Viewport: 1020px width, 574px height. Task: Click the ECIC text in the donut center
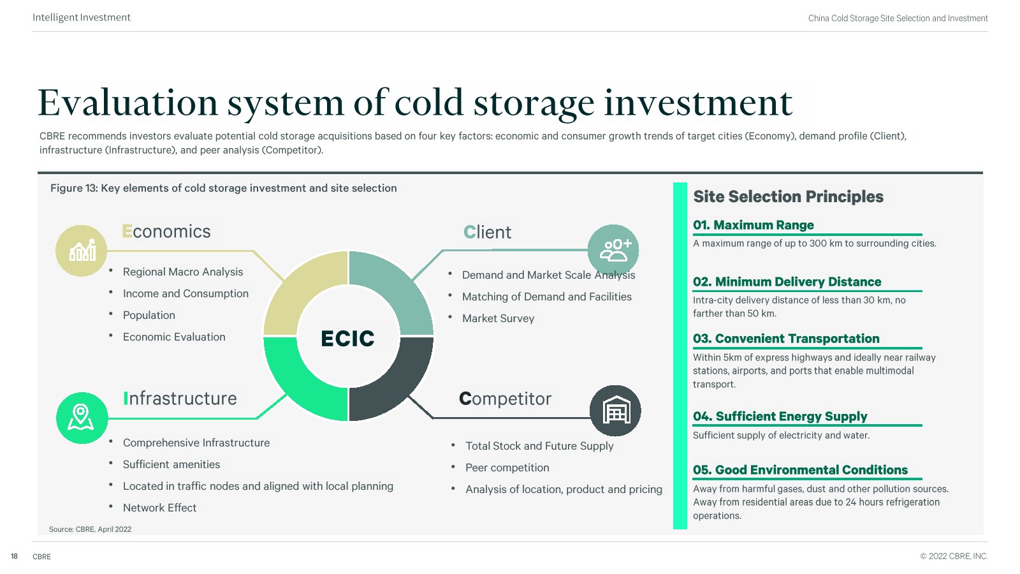(x=347, y=339)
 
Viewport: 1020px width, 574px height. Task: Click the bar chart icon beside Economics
(x=82, y=251)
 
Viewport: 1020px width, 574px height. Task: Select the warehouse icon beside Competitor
(x=615, y=411)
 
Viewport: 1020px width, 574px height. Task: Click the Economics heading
(x=166, y=232)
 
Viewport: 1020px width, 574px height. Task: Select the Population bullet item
(x=149, y=315)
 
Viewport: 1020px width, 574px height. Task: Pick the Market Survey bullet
(x=498, y=318)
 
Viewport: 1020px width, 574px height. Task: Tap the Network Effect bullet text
(x=159, y=508)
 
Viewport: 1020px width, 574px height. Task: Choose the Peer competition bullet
(x=507, y=467)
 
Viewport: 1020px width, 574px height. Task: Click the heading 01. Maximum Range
(x=753, y=225)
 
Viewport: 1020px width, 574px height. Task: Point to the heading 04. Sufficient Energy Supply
(x=780, y=416)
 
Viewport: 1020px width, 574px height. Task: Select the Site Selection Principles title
(x=788, y=196)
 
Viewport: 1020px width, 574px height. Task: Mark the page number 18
(x=14, y=556)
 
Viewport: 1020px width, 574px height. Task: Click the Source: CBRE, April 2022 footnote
(x=90, y=529)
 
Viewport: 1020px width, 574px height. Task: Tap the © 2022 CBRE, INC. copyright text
(x=954, y=556)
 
